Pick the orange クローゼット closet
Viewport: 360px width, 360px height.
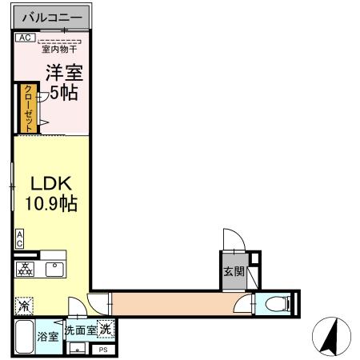pyautogui.click(x=28, y=107)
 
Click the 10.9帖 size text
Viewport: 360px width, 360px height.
pyautogui.click(x=50, y=204)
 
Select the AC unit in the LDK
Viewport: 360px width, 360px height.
pyautogui.click(x=18, y=238)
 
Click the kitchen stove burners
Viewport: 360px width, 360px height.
pyautogui.click(x=24, y=270)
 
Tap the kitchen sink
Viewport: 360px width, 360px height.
pyautogui.click(x=54, y=270)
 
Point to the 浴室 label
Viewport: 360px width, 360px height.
pyautogui.click(x=48, y=337)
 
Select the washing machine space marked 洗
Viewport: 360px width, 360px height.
pyautogui.click(x=106, y=329)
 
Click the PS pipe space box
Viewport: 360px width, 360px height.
pyautogui.click(x=103, y=350)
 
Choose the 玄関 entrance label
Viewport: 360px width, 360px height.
pyautogui.click(x=230, y=270)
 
